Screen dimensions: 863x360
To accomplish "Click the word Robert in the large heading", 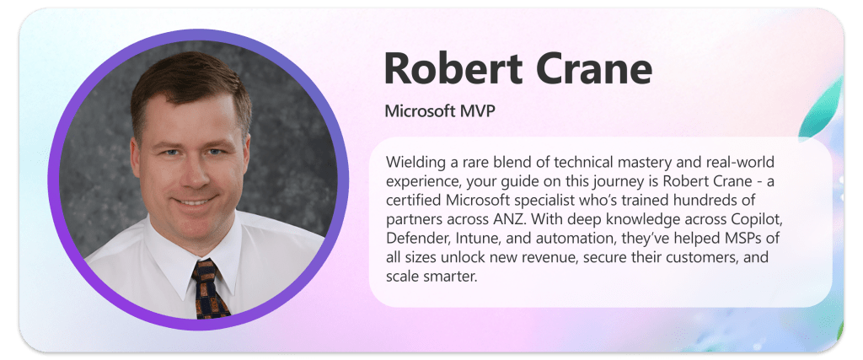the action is click(x=454, y=68).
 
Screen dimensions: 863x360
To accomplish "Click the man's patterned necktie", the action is click(x=209, y=288).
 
